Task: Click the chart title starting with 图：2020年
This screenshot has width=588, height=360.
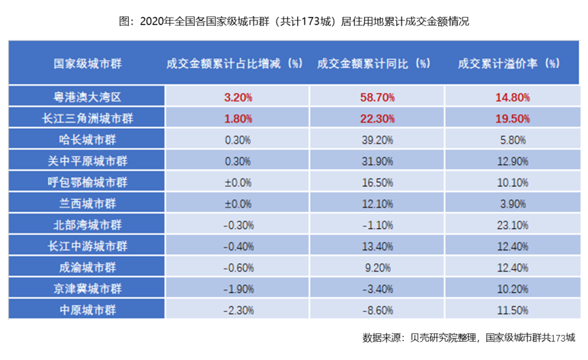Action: tap(294, 22)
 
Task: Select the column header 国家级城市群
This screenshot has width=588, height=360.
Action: tap(88, 63)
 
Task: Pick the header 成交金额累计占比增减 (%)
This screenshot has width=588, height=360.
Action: tap(235, 63)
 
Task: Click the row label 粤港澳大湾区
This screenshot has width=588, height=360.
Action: tap(88, 97)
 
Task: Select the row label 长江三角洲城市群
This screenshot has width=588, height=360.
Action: tap(88, 118)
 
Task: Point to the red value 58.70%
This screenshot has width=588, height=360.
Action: tap(377, 97)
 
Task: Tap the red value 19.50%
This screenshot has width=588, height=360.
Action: tap(512, 118)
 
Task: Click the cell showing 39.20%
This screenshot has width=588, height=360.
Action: tap(377, 140)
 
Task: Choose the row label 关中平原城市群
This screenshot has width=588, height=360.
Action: tap(88, 161)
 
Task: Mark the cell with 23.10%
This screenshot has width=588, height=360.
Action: tap(512, 225)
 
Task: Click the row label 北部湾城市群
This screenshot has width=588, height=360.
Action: tap(88, 225)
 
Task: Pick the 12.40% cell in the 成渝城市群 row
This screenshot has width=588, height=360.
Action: tap(512, 268)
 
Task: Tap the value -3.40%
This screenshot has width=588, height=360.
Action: tap(377, 289)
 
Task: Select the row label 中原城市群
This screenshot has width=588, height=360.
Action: tap(88, 310)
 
